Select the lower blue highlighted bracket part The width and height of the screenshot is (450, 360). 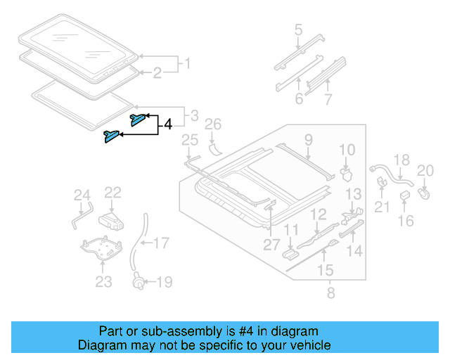(111, 136)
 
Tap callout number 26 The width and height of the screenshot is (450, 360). (213, 125)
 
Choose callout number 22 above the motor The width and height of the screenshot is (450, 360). (113, 192)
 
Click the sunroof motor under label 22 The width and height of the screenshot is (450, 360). (112, 220)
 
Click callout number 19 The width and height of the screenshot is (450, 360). (163, 283)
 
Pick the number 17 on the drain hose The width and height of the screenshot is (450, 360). (162, 244)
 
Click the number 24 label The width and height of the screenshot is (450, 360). (82, 195)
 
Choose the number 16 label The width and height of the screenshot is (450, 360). (406, 221)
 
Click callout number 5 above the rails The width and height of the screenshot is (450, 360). (298, 30)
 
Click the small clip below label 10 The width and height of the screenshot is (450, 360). (346, 172)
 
